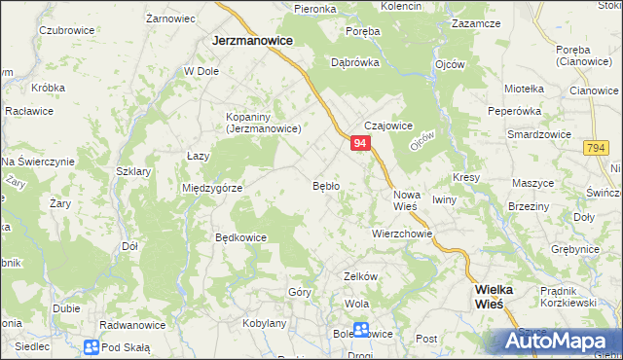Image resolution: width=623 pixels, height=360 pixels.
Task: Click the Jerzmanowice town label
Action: pyautogui.click(x=255, y=42)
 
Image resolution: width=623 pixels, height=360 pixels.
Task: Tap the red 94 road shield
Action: pyautogui.click(x=360, y=143)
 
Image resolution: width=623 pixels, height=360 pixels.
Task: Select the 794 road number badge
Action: pyautogui.click(x=597, y=147)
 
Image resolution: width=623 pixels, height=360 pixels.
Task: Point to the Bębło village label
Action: pyautogui.click(x=325, y=185)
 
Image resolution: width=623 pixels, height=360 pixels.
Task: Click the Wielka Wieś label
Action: pyautogui.click(x=501, y=296)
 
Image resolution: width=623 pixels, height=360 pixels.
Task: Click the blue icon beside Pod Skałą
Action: pyautogui.click(x=91, y=346)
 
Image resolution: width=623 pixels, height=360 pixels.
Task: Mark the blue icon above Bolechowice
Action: pyautogui.click(x=361, y=329)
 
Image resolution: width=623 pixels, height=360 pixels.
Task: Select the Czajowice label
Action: pyautogui.click(x=388, y=126)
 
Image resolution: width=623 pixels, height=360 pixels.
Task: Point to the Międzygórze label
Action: pyautogui.click(x=211, y=188)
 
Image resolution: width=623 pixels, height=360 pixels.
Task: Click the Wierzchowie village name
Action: pyautogui.click(x=401, y=234)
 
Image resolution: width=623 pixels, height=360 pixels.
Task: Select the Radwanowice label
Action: pyautogui.click(x=133, y=325)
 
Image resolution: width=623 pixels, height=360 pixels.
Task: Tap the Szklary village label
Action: pyautogui.click(x=132, y=171)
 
